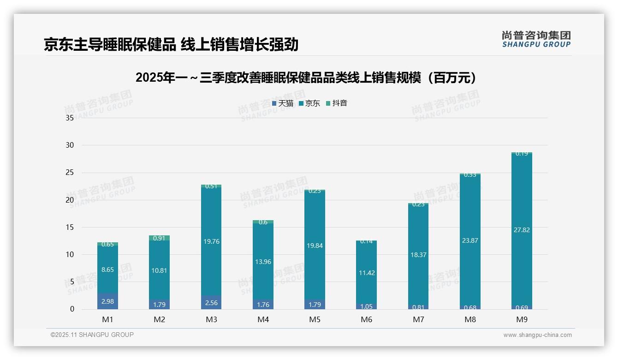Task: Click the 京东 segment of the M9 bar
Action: click(522, 229)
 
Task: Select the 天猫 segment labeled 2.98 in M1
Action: click(107, 301)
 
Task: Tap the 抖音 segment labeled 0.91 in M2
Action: click(159, 238)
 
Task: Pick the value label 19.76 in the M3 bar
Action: click(211, 241)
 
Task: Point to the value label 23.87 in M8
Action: click(470, 240)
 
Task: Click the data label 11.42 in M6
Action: click(367, 273)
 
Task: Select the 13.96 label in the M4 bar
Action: click(263, 262)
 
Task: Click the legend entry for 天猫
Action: click(283, 103)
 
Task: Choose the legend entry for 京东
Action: click(309, 103)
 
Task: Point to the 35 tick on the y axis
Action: click(70, 118)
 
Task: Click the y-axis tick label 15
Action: click(70, 227)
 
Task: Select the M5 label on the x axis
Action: click(315, 319)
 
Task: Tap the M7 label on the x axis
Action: click(418, 319)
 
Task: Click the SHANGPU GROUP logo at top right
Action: click(536, 39)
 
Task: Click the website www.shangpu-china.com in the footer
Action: click(537, 335)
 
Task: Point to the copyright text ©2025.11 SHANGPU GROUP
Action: click(92, 335)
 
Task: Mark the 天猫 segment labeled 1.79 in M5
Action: click(315, 305)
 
